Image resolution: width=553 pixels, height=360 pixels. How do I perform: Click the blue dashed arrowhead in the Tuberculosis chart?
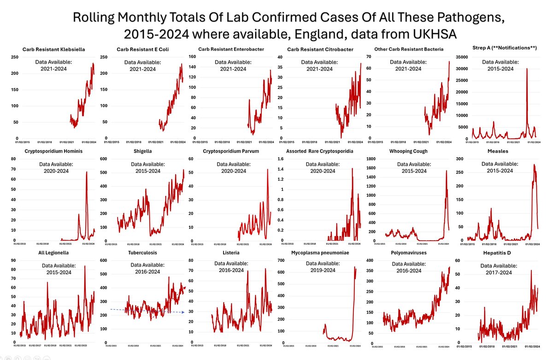(x=183, y=313)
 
